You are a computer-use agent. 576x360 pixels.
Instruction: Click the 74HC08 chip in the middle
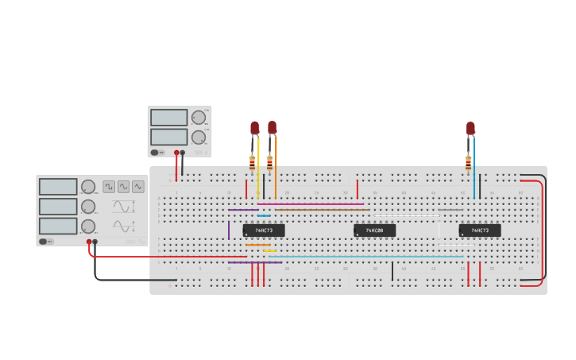374,230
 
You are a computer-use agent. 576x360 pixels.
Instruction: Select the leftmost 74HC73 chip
264,230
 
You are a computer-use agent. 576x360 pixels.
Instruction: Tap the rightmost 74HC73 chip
480,230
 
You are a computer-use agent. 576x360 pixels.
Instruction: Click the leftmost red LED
255,127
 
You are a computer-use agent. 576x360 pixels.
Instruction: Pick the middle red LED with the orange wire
273,127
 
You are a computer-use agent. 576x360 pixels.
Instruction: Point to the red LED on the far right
470,128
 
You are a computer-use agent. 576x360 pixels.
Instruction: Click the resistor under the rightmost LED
468,163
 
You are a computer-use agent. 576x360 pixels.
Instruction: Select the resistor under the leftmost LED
253,163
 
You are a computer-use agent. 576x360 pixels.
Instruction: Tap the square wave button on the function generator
109,187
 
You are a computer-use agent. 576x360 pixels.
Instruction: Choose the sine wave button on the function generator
138,187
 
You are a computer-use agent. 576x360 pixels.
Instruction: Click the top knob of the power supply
199,118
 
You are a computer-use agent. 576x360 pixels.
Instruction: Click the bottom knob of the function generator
88,226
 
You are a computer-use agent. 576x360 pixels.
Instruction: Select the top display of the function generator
58,187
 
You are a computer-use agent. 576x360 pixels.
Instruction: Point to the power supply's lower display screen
168,137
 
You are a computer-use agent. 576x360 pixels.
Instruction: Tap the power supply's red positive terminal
176,152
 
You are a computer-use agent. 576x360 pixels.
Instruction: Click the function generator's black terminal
95,242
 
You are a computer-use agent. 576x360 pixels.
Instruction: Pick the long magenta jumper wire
310,204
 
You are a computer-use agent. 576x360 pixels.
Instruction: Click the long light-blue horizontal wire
365,257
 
